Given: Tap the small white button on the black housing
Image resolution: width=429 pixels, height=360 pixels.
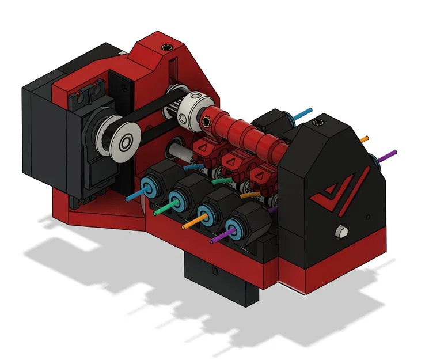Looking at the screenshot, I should [x=341, y=232].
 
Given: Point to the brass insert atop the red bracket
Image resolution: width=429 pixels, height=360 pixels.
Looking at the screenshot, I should [x=168, y=47].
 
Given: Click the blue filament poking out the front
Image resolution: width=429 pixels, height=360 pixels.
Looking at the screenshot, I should [x=134, y=196].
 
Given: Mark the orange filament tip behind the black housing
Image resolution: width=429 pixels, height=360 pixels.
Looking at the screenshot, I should [x=364, y=139].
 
